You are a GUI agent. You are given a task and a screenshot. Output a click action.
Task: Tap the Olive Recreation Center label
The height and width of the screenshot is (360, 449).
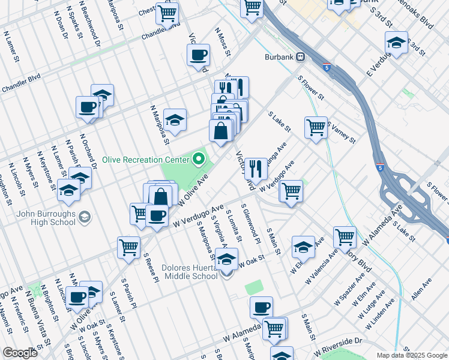click(146, 160)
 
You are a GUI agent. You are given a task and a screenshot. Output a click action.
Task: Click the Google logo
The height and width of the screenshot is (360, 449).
click(20, 353)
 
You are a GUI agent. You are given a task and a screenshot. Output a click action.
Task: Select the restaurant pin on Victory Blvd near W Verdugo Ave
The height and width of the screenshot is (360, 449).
click(256, 169)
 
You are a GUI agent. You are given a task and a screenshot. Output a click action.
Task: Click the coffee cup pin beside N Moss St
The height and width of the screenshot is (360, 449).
click(198, 56)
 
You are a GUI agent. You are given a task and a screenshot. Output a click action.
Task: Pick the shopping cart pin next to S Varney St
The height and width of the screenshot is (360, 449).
click(316, 128)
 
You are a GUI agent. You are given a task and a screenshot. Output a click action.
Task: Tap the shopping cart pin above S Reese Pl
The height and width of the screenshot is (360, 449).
click(129, 247)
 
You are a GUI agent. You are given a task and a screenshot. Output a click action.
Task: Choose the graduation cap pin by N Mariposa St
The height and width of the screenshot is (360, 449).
click(175, 120)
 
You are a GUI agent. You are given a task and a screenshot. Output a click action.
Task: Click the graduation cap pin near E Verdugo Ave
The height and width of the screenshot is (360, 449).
click(396, 43)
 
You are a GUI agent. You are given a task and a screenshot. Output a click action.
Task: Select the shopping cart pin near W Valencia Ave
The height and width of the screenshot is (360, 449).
click(345, 237)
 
